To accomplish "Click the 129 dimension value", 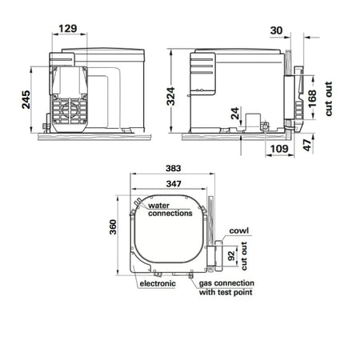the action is (x=68, y=29).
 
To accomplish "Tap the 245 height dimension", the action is (x=26, y=99).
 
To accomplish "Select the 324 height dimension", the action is (x=170, y=96).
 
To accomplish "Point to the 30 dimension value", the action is (x=276, y=30).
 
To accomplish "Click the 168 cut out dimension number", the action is (x=312, y=98).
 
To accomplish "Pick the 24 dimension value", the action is (x=235, y=114).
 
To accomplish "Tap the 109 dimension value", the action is (x=279, y=149).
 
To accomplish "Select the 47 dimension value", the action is (x=307, y=146).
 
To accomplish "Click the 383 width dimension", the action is (x=174, y=168).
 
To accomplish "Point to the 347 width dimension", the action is (x=174, y=184).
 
